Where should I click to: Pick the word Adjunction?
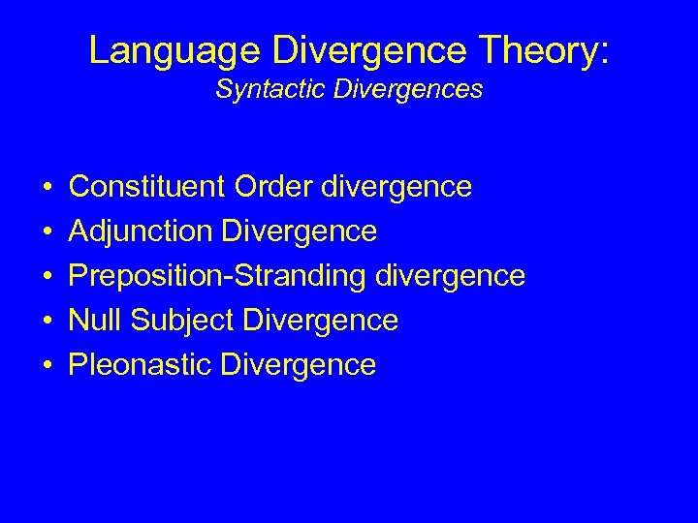pyautogui.click(x=142, y=231)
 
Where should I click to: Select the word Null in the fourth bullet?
pyautogui.click(x=98, y=320)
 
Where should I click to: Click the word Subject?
pyautogui.click(x=185, y=321)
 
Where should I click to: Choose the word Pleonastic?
pyautogui.click(x=142, y=365)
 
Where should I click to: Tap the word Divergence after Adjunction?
pyautogui.click(x=299, y=231)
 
